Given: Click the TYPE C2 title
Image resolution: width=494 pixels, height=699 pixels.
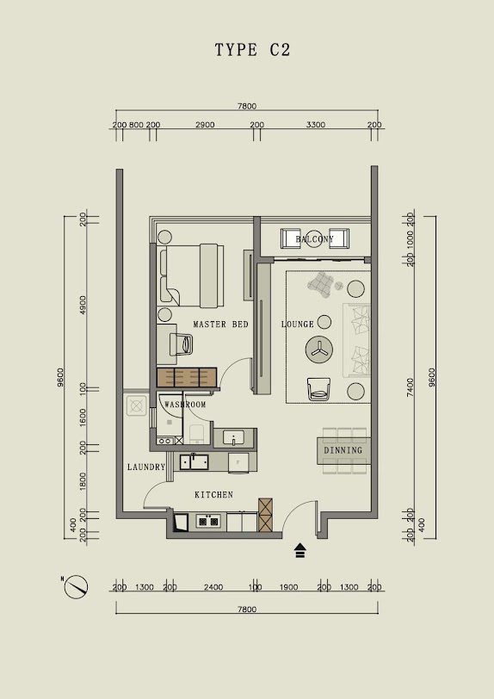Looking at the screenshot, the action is (252, 49).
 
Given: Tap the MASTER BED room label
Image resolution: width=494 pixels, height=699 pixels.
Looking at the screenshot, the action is (220, 325).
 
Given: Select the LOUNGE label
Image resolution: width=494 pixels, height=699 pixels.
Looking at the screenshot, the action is (298, 324).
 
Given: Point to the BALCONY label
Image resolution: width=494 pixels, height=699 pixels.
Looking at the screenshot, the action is (314, 239).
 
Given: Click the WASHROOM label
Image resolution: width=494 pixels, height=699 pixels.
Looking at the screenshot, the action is (185, 405).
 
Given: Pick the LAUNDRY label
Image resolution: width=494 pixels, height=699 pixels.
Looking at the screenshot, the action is (146, 467).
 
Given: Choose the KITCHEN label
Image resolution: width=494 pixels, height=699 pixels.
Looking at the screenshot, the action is (214, 495).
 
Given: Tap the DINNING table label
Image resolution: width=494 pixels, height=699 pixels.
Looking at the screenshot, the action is (343, 450).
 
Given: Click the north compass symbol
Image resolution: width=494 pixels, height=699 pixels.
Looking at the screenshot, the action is (76, 587).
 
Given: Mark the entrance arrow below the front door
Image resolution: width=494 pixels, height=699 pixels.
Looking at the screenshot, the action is (300, 551).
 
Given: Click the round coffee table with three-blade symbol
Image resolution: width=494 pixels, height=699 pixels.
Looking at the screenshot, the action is (318, 350).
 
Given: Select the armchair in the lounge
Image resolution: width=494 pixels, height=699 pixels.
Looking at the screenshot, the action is (318, 389).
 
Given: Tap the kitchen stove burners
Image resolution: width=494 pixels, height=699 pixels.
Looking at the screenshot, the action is (208, 521).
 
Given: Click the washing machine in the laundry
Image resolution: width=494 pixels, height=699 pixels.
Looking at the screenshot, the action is (137, 405).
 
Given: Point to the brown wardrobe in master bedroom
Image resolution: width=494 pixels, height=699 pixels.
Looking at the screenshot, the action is (187, 377).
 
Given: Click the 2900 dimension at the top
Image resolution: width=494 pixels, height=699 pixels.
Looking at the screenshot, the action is (205, 125).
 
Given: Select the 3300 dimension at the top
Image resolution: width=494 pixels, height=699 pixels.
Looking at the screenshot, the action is (315, 125).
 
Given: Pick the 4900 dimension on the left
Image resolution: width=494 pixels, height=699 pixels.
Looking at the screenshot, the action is (83, 305).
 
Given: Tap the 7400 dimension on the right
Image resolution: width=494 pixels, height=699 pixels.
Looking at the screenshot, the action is (411, 387).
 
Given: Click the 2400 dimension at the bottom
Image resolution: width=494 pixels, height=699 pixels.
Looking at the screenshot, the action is (213, 588).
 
